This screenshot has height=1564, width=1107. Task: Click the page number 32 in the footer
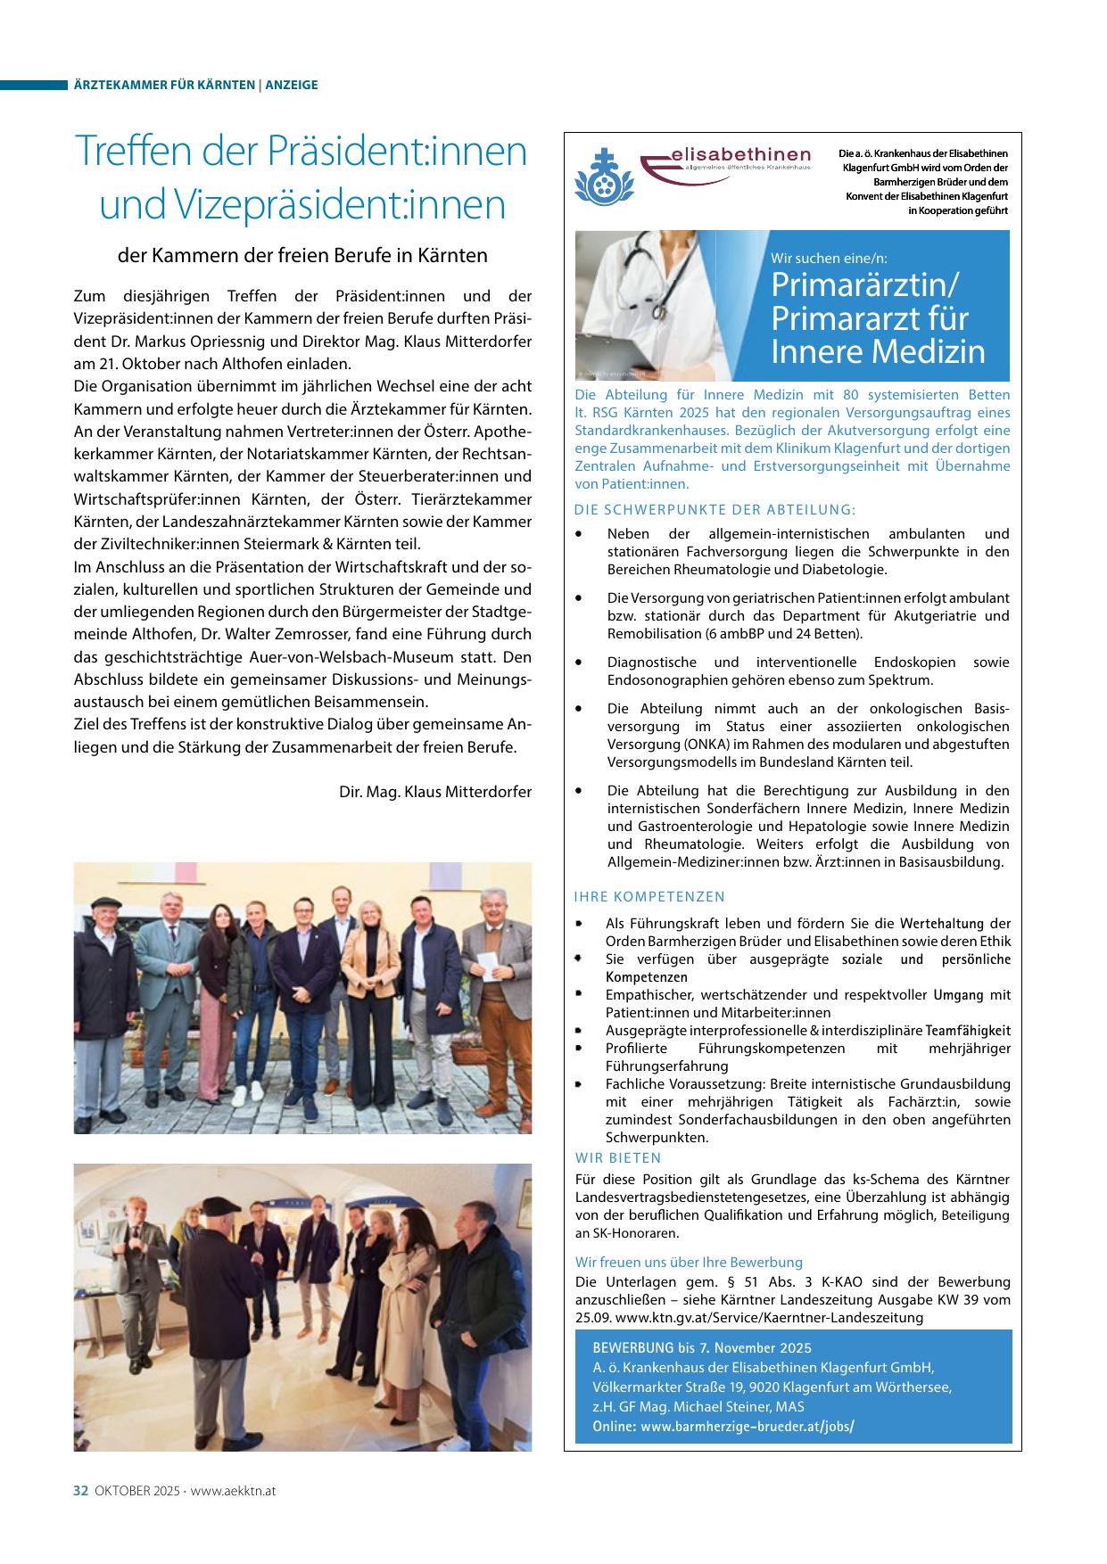tap(80, 1490)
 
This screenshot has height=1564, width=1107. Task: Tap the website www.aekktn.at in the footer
tap(233, 1490)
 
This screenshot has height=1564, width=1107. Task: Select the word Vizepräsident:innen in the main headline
tap(302, 204)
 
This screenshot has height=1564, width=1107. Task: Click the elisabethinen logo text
tap(739, 158)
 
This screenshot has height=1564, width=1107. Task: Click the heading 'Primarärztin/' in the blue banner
tap(864, 285)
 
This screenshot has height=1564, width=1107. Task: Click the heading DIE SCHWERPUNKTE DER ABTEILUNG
tap(715, 510)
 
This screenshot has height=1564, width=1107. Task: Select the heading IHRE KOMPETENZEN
tap(649, 896)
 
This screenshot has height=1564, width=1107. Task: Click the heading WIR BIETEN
tap(618, 1157)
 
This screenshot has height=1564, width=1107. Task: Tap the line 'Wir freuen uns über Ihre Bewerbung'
tap(689, 1262)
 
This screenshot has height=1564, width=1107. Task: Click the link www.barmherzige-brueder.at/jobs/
tap(747, 1426)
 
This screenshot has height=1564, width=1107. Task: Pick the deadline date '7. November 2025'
tap(755, 1347)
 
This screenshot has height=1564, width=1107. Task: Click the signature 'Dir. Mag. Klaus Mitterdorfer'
tap(435, 792)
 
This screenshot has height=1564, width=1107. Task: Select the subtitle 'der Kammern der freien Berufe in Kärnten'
tap(302, 255)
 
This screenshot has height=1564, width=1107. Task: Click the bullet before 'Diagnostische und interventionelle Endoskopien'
tap(581, 663)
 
